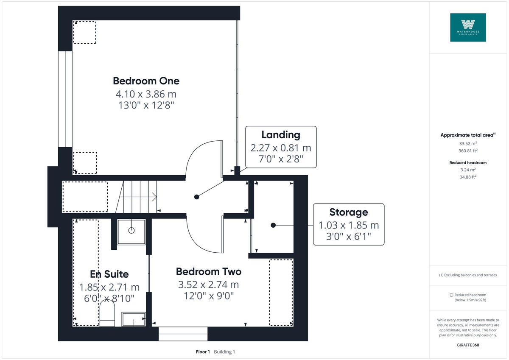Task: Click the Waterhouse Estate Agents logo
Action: click(x=468, y=27)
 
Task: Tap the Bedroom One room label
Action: click(x=146, y=81)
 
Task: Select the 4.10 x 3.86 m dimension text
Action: click(x=146, y=93)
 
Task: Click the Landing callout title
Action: click(x=280, y=135)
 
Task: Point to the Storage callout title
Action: click(x=349, y=212)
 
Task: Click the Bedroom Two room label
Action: click(x=208, y=271)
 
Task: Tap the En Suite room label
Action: click(x=109, y=274)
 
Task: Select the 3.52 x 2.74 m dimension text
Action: click(x=208, y=284)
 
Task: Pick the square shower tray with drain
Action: click(x=131, y=232)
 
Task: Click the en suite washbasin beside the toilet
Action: click(x=134, y=319)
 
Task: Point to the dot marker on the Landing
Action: click(x=196, y=197)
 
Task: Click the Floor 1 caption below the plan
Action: click(x=203, y=352)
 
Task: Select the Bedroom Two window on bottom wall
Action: click(x=183, y=334)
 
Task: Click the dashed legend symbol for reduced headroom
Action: click(x=451, y=295)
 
